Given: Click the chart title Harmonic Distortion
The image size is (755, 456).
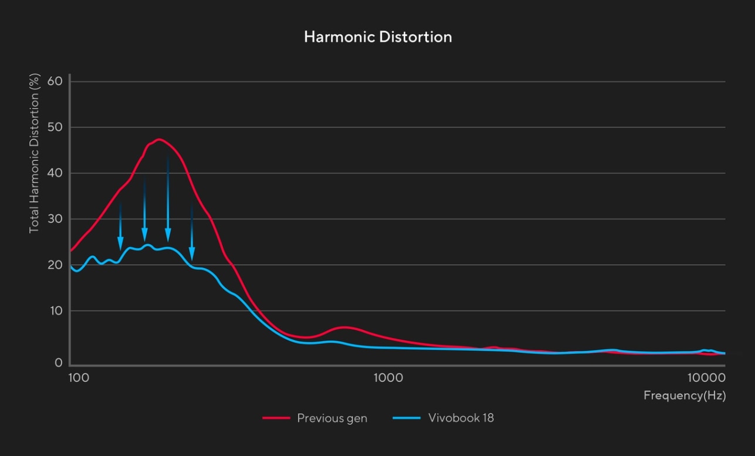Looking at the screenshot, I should tap(378, 37).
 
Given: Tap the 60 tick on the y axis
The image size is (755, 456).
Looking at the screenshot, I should tap(55, 81).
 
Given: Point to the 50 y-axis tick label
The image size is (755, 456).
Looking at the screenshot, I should tap(55, 127).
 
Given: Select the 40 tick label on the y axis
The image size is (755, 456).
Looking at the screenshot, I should tap(55, 173).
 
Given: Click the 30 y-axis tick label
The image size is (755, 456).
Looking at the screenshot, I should tap(55, 219).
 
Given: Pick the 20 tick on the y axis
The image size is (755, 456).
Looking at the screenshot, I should tap(55, 265).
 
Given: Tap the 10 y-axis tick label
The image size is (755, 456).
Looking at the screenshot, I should tap(55, 310).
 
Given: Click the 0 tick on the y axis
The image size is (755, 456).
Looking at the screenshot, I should tap(59, 363).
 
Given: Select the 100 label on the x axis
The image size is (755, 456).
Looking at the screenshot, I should tap(79, 377).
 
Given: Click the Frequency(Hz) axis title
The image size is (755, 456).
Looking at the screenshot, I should tap(684, 395).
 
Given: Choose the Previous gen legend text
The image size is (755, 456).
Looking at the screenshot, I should tap(332, 418).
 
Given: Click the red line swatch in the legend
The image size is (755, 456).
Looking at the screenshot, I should tap(276, 418).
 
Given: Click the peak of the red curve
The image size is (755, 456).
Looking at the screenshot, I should tap(159, 140).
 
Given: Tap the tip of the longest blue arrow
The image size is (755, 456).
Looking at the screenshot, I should tap(168, 241).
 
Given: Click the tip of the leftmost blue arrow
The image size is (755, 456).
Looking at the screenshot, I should tap(120, 249).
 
